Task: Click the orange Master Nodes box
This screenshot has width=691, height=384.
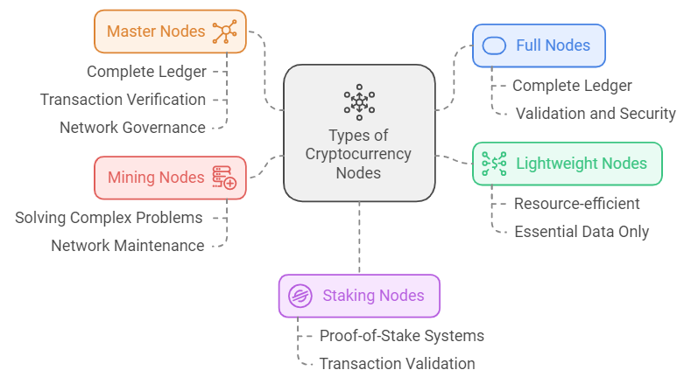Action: coord(170,31)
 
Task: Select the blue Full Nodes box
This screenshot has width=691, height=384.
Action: coord(539,45)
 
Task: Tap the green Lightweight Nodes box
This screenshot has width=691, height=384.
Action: coord(567,164)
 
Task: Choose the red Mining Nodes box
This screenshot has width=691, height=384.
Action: coord(170,178)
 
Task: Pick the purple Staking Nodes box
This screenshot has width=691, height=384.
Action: coord(359,296)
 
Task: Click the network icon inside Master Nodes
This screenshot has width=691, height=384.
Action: coord(226,31)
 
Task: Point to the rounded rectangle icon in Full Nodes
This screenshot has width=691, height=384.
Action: coord(496,45)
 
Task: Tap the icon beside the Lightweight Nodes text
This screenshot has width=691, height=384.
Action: coord(494,164)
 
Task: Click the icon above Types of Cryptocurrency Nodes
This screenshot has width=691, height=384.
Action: coord(359,101)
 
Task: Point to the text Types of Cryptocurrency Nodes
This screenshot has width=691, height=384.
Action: coord(358,154)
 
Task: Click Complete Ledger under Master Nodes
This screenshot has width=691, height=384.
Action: coord(146,72)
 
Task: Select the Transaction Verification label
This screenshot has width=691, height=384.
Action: coord(123,100)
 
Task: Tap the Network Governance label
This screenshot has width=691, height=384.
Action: coord(132,128)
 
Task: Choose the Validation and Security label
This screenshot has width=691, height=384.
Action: coord(596,114)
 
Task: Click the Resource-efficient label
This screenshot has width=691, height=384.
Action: coord(576,204)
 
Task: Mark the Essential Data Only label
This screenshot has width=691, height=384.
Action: coord(582,232)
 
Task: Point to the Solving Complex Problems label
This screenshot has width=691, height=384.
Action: coord(109,217)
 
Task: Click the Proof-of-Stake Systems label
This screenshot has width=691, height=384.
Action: coord(401,336)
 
